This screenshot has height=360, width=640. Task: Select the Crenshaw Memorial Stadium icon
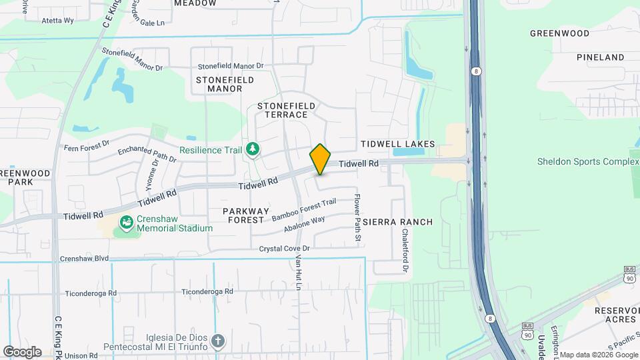[x=125, y=222]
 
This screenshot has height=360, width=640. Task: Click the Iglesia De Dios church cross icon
[x=217, y=342]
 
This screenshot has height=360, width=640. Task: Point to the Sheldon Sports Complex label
[x=588, y=161]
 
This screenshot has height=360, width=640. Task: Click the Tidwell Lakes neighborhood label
[x=397, y=144]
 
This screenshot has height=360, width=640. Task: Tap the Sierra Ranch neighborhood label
[x=407, y=222]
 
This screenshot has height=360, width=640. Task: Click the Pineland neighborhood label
[x=600, y=58]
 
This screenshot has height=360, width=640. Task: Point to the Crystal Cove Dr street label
[x=285, y=248]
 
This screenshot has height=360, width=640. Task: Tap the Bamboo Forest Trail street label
[x=304, y=209]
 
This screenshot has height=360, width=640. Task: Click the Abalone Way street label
[x=303, y=223]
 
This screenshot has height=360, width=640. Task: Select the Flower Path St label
[x=357, y=218]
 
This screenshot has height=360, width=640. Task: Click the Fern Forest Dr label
[x=86, y=147]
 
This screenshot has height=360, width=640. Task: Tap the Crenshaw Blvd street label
[x=84, y=258]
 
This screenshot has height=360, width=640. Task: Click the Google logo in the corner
[x=22, y=352]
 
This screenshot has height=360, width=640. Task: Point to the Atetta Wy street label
[x=57, y=21]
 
